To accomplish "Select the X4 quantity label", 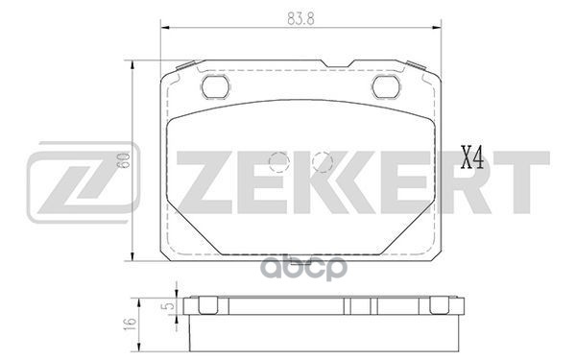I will point(471,157).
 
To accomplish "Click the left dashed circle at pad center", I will point(279,162).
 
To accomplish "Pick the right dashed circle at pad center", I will point(322,162).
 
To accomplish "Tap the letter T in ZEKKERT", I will point(527,181).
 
